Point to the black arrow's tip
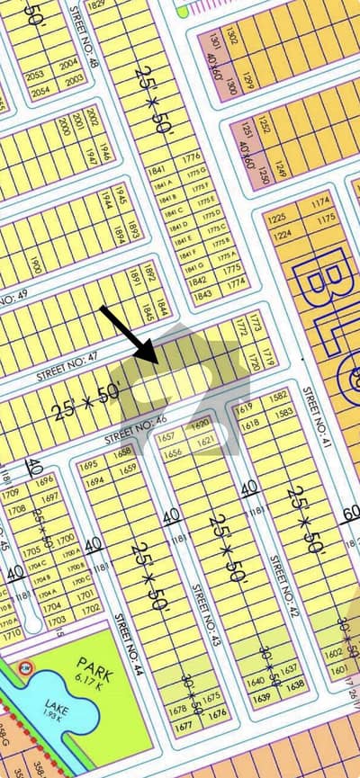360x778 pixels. coord(159,364)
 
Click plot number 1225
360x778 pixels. coord(276,219)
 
